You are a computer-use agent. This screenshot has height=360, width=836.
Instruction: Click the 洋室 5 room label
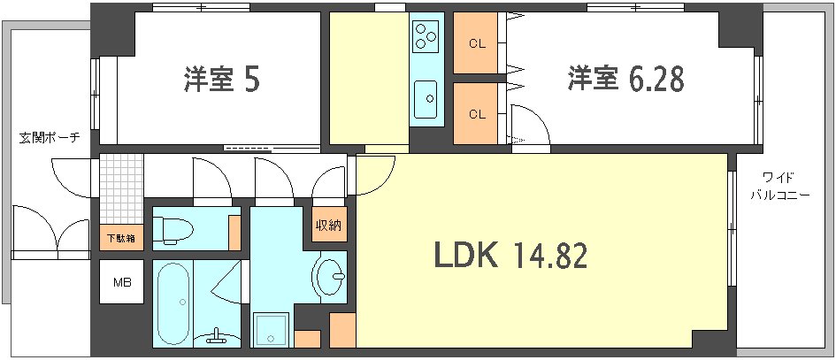point(221,80)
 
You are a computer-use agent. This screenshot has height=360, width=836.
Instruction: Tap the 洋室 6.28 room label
point(625,80)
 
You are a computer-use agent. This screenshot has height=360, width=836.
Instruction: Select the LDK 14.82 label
point(510,256)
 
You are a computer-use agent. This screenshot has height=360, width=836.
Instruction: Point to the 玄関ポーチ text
point(50,138)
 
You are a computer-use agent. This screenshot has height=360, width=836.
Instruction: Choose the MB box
point(120,283)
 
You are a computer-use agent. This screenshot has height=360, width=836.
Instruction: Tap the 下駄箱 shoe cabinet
point(120,236)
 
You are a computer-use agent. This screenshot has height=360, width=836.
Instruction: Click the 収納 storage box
point(327,225)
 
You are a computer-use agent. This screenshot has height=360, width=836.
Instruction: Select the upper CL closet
point(477,43)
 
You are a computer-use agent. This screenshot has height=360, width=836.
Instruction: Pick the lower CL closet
point(477,113)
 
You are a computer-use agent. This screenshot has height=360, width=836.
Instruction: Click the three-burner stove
point(426,36)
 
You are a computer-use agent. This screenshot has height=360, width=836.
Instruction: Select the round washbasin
point(333,277)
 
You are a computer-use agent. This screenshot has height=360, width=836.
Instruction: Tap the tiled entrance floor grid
point(120,188)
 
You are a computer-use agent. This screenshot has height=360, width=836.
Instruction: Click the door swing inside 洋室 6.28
point(529,124)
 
